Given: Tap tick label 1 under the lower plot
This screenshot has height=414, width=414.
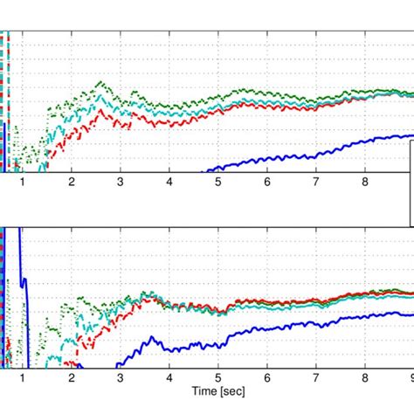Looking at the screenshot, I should (23, 378).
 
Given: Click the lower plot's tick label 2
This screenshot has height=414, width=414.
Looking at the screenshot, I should (72, 378).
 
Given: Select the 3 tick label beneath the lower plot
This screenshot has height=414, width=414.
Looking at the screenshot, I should (121, 378).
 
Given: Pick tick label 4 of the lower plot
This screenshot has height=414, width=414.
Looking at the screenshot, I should (169, 378).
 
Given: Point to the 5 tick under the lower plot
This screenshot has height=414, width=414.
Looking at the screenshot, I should (218, 378).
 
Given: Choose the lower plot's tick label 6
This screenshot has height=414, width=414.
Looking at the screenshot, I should (267, 378).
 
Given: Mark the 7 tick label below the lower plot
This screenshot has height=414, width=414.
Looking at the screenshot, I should (316, 378).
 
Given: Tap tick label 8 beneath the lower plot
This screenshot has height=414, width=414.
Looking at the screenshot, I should (365, 378).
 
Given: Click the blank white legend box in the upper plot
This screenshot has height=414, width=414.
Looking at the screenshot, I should (411, 183).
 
